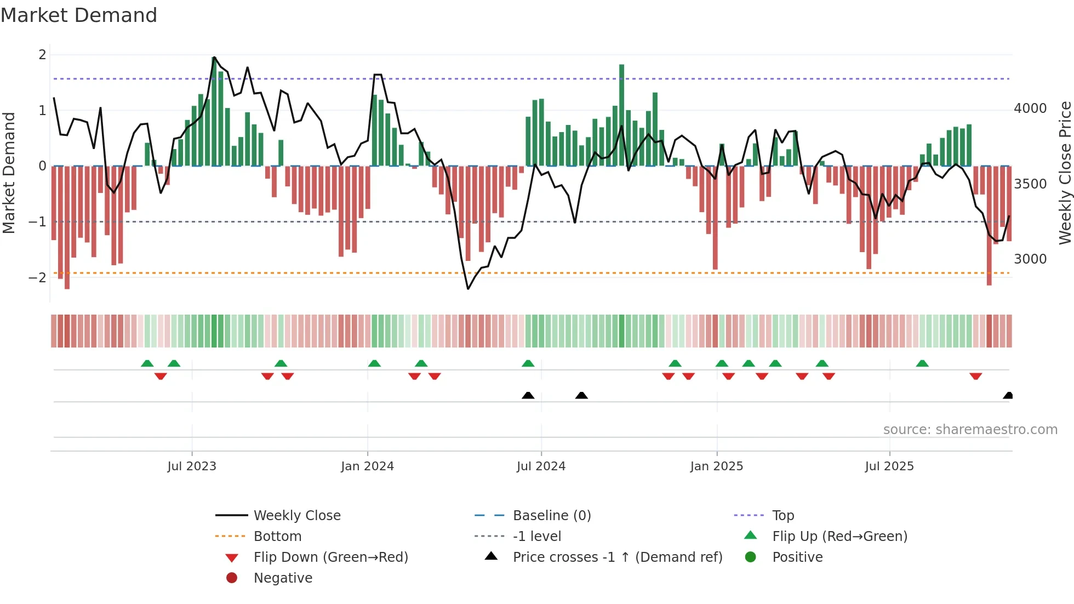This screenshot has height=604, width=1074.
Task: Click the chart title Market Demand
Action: (x=79, y=15)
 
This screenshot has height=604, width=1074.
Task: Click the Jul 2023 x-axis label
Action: (x=192, y=466)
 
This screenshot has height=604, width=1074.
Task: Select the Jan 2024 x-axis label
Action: (x=367, y=466)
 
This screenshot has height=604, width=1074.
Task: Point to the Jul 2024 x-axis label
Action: (x=541, y=466)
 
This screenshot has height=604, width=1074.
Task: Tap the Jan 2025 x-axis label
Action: (x=716, y=466)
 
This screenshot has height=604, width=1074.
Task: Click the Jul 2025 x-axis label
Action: (x=889, y=466)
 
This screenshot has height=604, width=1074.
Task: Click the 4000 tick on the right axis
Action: (x=1030, y=109)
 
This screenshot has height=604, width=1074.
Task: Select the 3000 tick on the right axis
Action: (x=1030, y=259)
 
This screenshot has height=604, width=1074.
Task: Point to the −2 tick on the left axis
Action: (x=37, y=277)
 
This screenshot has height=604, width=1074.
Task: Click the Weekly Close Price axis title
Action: (x=1065, y=173)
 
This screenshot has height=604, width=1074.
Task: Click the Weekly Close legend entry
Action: (x=296, y=516)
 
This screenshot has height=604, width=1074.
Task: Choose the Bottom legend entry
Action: (x=277, y=537)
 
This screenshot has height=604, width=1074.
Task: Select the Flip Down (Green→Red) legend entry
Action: (x=330, y=557)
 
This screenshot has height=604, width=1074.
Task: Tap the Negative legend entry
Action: (x=283, y=578)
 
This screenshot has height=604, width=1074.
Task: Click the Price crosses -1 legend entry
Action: (x=617, y=557)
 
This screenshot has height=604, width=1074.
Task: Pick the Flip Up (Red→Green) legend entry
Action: (x=839, y=537)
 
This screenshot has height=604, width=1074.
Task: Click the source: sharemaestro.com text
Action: (x=970, y=430)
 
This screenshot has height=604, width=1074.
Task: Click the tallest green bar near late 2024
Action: (x=621, y=115)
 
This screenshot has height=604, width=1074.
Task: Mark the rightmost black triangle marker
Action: (x=1008, y=396)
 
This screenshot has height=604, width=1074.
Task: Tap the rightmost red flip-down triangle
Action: (x=975, y=376)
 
